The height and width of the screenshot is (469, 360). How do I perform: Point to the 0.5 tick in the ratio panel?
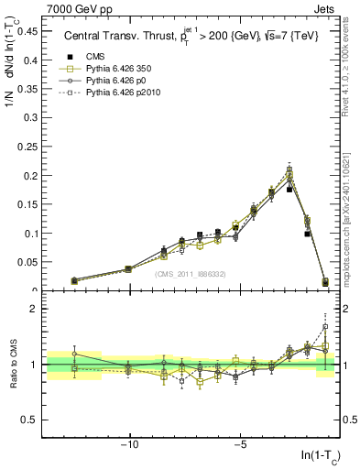click(x=30, y=420)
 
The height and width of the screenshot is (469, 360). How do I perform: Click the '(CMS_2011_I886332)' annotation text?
click(x=191, y=274)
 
